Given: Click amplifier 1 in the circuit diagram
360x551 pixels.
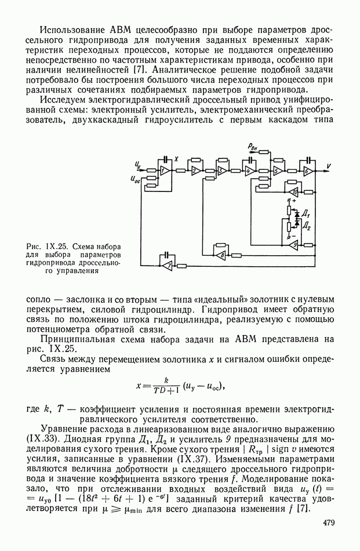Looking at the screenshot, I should [164, 171].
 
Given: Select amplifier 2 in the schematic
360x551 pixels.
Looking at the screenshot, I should [196, 171].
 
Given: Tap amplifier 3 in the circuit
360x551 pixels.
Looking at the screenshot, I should [221, 171].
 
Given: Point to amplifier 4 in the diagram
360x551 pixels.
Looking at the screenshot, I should [248, 171].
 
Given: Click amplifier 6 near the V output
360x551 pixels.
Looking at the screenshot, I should [307, 171].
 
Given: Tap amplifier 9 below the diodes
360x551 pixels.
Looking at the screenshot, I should [294, 245].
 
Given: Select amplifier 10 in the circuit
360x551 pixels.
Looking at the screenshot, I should [294, 191].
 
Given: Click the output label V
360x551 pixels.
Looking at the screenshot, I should [329, 166].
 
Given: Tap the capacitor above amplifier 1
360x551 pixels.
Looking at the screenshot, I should [167, 158].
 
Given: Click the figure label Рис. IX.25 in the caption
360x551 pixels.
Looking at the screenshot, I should [46, 246].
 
